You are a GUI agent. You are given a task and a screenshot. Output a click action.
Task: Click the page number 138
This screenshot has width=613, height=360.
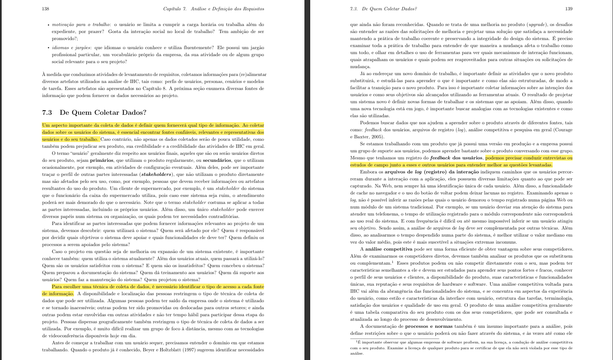pyautogui.click(x=45, y=9)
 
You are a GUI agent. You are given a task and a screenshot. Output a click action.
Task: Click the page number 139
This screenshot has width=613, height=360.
pyautogui.click(x=569, y=9)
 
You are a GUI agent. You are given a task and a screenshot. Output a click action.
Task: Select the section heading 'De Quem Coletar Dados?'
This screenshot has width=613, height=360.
pyautogui.click(x=103, y=112)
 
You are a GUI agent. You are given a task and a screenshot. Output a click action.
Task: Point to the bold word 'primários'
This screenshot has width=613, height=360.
pyautogui.click(x=102, y=160)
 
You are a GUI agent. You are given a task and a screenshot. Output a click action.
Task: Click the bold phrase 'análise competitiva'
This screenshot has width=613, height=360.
pyautogui.click(x=389, y=249)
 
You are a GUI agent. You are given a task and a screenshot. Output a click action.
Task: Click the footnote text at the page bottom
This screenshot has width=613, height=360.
pyautogui.click(x=461, y=348)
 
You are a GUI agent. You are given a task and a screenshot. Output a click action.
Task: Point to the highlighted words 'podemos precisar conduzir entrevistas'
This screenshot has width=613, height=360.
pyautogui.click(x=529, y=158)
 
